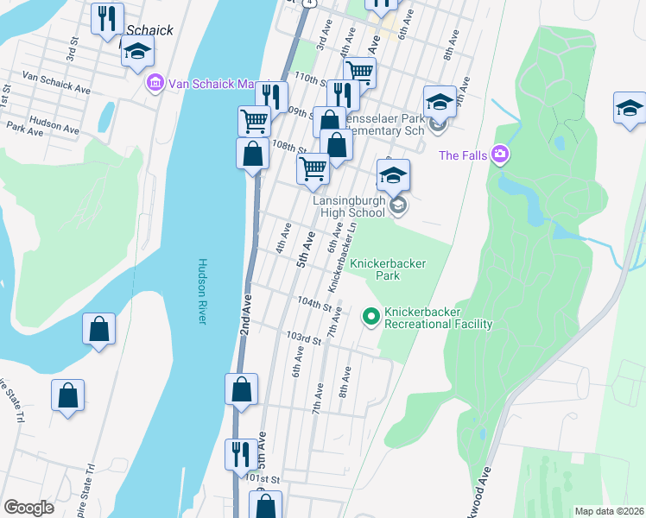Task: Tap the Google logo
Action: click(x=28, y=508)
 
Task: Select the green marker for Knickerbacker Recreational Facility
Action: click(x=371, y=318)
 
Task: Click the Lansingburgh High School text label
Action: click(x=349, y=206)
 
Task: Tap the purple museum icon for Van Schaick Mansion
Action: click(x=155, y=83)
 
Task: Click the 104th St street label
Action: click(x=313, y=305)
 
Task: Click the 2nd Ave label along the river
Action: click(x=246, y=315)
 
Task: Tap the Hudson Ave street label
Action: click(x=54, y=123)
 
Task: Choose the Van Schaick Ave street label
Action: click(x=56, y=82)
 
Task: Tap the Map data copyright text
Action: click(x=608, y=511)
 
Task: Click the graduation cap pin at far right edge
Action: click(x=630, y=107)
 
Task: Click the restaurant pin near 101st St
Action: click(x=238, y=452)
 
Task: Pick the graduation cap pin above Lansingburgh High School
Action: click(x=393, y=174)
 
